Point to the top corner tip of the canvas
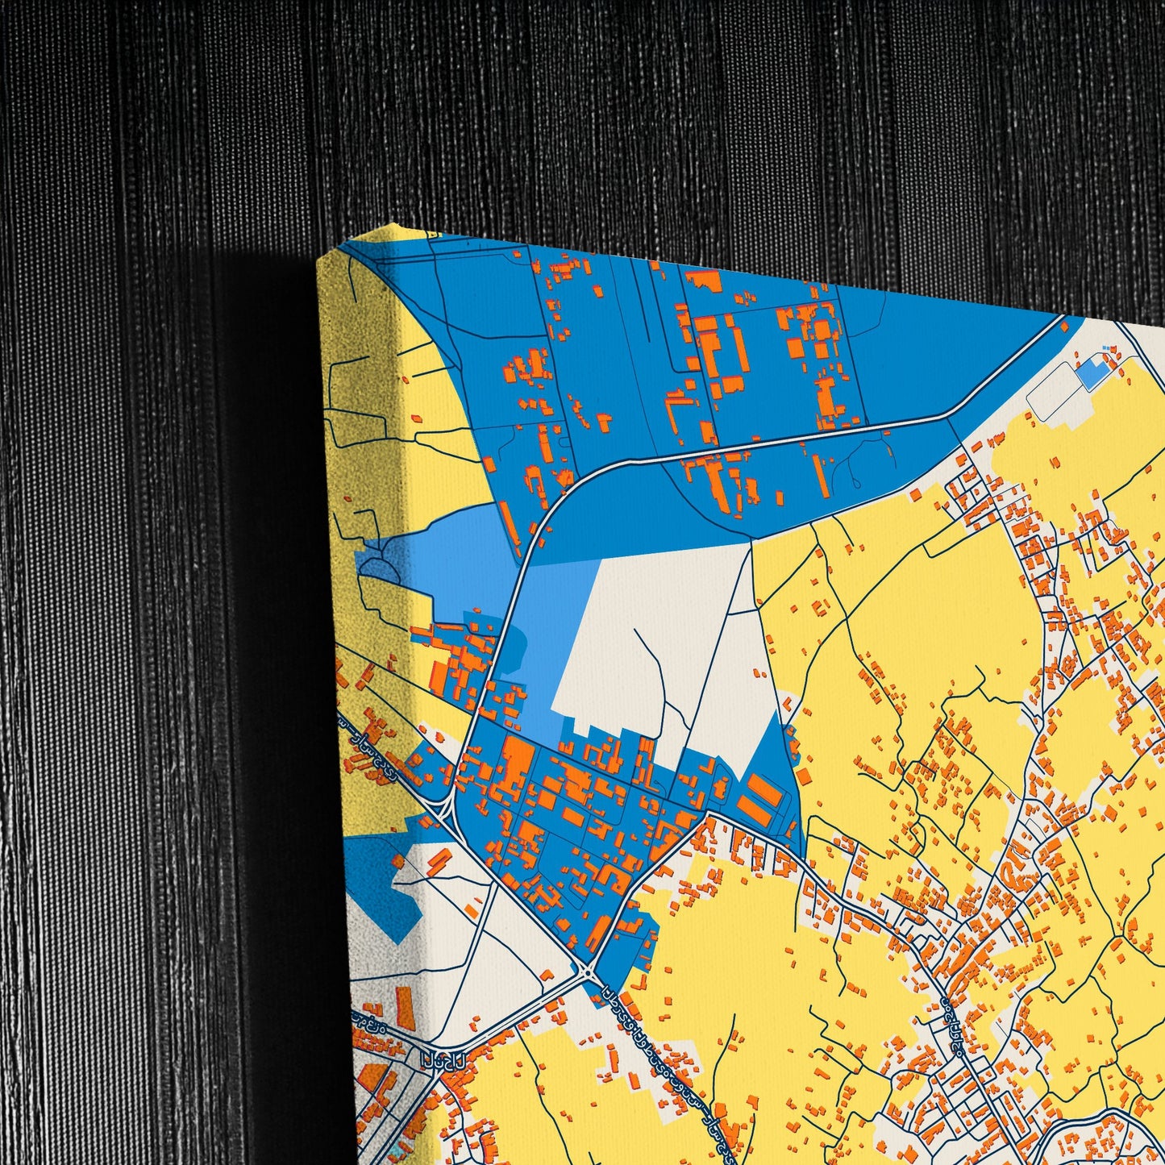[393, 227]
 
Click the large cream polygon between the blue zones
[645, 645]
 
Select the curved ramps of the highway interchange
[443, 806]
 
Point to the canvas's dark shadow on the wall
[266, 645]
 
